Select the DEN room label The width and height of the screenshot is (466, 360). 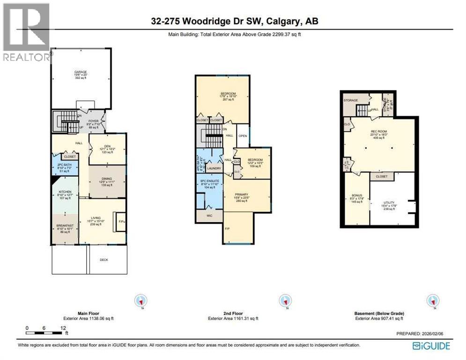107,146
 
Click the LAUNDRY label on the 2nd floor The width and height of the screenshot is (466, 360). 214,168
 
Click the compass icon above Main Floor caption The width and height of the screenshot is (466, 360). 140,300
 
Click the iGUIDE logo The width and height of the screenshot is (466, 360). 431,346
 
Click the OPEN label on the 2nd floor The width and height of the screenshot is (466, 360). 243,136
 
